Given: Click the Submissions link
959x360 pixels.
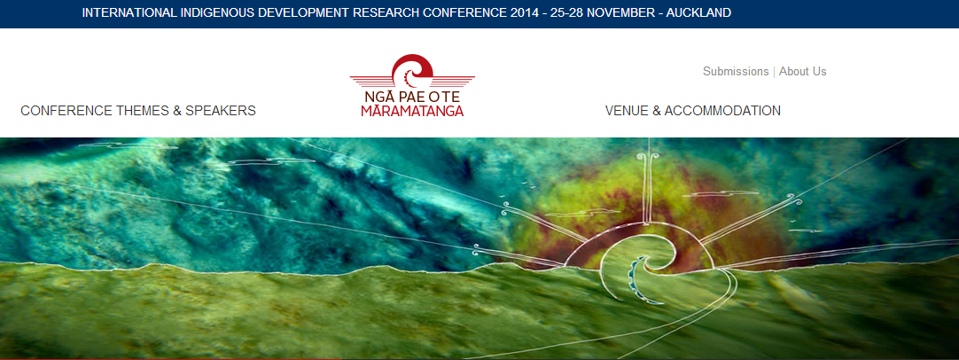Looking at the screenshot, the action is [x=736, y=71].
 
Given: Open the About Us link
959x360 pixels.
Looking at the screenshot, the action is [x=802, y=71].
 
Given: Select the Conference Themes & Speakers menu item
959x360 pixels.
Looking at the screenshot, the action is [x=138, y=111].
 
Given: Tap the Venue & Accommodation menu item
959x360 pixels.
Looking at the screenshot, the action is [x=692, y=111].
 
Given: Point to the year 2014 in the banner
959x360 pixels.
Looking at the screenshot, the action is [x=526, y=12].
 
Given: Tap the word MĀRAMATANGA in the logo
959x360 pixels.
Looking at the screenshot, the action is [x=412, y=111].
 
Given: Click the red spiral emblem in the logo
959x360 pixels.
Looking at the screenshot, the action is [x=412, y=72].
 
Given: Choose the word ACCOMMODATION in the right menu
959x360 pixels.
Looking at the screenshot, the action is [x=722, y=111].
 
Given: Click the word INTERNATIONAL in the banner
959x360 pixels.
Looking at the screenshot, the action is [x=129, y=12].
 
